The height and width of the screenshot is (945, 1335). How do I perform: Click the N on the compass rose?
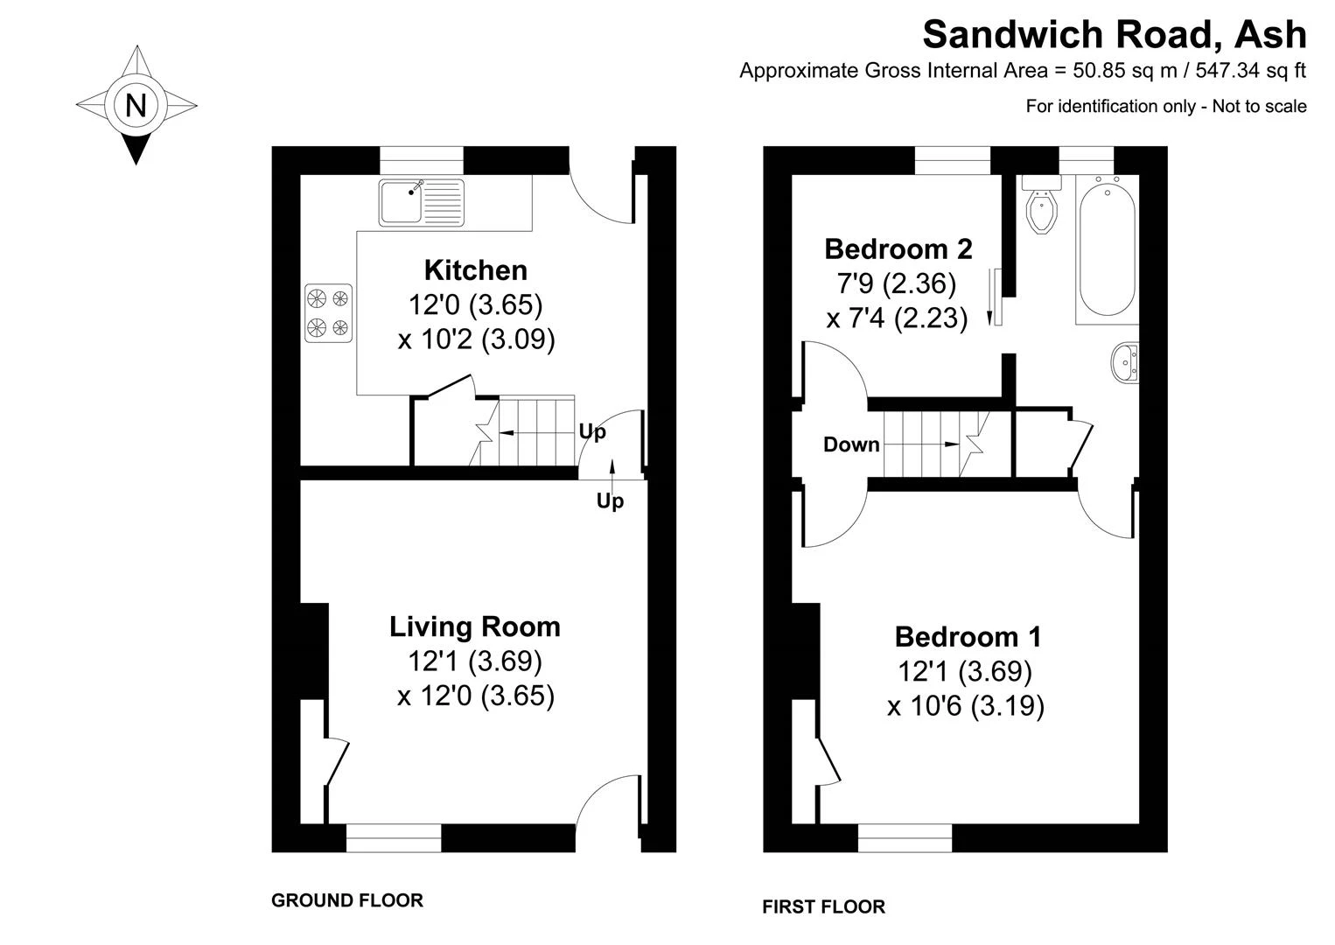click(x=136, y=106)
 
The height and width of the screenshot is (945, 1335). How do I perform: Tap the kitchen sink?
click(x=422, y=203)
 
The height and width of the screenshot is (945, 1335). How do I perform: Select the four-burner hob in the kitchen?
click(x=328, y=313)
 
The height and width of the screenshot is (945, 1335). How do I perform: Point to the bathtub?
click(x=1107, y=249)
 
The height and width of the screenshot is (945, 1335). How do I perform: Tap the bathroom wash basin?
click(x=1125, y=362)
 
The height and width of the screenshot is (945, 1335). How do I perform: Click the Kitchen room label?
click(x=476, y=270)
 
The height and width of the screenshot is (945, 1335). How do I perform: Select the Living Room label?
click(x=475, y=626)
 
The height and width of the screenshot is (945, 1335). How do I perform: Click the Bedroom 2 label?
click(x=898, y=249)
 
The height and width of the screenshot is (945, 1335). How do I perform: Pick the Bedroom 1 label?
click(x=968, y=637)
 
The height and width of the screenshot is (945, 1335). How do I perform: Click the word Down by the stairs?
click(x=851, y=444)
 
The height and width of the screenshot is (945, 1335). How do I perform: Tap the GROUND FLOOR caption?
click(x=346, y=899)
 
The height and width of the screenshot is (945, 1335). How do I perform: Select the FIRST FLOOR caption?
click(x=823, y=906)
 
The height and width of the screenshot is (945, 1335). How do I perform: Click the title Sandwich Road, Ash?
click(x=1115, y=35)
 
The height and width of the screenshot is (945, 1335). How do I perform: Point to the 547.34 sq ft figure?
click(x=1251, y=71)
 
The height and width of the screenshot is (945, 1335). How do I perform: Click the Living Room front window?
click(x=394, y=837)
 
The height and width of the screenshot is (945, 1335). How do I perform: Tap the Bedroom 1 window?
click(x=905, y=837)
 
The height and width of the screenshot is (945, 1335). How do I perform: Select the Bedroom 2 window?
click(x=953, y=160)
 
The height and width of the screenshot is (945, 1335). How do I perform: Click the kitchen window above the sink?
click(x=422, y=160)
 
